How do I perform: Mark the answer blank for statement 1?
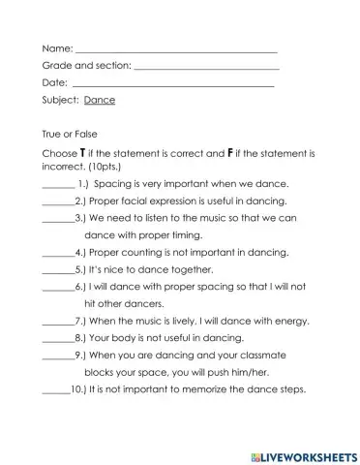click(59, 184)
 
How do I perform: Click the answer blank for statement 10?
click(57, 391)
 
